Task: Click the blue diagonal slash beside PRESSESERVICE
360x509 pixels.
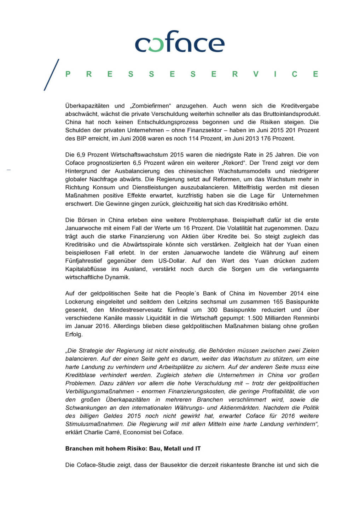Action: [x=51, y=75]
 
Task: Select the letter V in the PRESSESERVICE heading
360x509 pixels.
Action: [x=256, y=74]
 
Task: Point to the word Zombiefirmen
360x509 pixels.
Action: [x=151, y=106]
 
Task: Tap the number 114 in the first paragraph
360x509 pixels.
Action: [x=193, y=138]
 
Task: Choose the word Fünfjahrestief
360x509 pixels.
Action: [x=84, y=261]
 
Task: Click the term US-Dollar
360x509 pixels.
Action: [x=172, y=261]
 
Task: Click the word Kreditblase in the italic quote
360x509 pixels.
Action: [x=80, y=375]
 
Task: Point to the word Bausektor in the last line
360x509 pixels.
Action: [x=174, y=465]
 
